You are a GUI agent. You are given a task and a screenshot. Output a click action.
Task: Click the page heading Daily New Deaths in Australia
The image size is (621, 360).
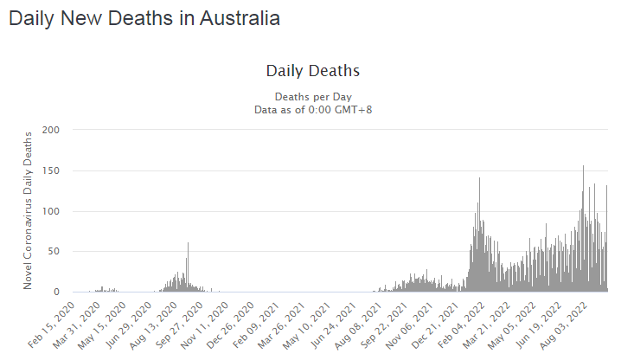144,18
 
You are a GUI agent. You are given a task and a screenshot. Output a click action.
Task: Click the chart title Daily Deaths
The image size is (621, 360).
312,70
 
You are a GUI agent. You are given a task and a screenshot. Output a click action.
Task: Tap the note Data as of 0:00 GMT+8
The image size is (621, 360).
312,109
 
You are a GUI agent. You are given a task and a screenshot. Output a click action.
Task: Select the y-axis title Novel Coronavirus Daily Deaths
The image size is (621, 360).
29,210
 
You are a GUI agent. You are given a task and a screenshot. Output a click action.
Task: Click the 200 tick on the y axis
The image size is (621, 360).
54,130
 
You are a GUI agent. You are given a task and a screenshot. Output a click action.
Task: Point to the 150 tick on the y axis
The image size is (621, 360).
54,170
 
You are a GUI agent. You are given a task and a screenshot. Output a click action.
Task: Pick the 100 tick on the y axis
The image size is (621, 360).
54,211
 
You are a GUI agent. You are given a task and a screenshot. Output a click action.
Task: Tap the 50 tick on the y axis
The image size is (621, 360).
56,252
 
